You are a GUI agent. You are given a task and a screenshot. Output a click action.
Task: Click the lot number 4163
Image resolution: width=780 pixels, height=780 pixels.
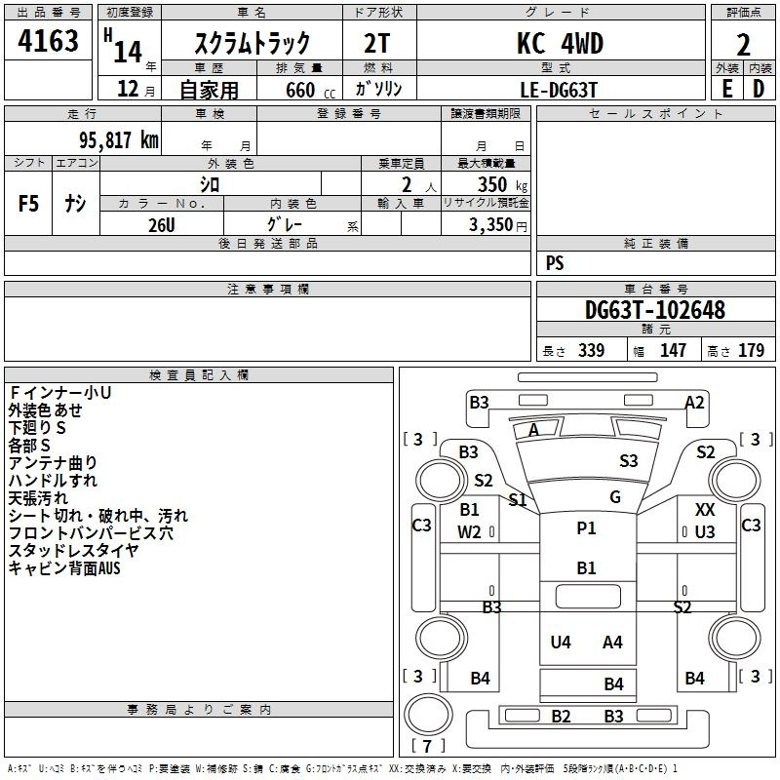48,41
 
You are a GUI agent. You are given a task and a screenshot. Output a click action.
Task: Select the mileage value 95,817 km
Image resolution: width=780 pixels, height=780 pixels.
119,140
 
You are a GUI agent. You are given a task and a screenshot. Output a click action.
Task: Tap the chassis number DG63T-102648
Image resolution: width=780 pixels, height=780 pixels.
655,310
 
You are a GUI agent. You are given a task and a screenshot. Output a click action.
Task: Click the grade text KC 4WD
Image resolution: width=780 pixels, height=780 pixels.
560,43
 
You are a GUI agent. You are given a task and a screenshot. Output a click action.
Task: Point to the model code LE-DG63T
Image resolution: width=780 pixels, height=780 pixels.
558,90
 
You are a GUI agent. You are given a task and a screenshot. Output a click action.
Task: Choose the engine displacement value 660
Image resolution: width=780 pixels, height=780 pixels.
300,90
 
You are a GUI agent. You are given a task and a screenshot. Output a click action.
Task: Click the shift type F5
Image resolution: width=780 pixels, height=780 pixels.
28,204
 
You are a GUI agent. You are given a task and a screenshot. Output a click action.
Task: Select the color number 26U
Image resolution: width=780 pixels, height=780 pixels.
162,225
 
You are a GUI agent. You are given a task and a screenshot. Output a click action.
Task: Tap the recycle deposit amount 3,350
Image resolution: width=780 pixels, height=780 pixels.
490,225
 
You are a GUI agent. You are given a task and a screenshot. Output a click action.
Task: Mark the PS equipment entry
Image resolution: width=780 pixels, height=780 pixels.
555,262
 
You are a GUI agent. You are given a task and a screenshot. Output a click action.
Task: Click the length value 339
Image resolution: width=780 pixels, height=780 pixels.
591,350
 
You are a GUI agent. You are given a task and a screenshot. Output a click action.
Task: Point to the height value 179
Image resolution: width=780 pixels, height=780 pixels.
751,350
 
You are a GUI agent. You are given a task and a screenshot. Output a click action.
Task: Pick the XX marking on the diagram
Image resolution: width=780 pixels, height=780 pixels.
705,509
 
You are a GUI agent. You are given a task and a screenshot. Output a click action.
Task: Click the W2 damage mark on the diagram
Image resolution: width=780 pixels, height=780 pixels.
469,531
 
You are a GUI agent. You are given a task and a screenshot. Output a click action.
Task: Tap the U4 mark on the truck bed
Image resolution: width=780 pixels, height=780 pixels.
561,642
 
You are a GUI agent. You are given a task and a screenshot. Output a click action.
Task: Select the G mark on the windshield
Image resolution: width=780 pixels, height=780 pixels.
615,496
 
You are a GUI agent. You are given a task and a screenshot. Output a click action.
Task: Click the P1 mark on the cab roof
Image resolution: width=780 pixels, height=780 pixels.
586,527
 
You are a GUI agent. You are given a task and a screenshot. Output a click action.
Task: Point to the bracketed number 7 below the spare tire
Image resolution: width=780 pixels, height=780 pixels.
427,746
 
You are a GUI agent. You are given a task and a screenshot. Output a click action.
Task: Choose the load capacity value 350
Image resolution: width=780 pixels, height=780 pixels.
492,184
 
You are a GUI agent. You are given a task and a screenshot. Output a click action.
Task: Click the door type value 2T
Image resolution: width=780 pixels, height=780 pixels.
377,43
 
